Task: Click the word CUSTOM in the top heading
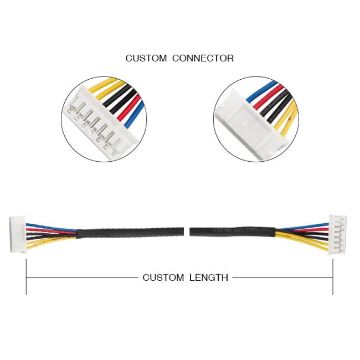(x=146, y=58)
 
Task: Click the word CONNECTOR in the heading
(x=203, y=58)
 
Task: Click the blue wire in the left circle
(x=136, y=114)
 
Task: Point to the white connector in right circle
(x=244, y=125)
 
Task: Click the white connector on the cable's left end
(x=17, y=234)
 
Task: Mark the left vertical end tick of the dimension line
(x=26, y=277)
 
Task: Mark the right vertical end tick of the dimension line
(x=333, y=277)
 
